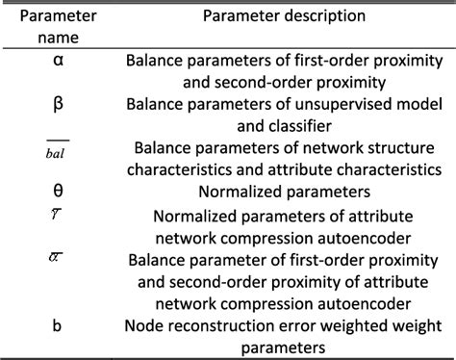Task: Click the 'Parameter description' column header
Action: click(x=284, y=16)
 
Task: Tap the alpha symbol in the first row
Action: click(x=58, y=60)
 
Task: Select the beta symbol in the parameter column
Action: click(x=58, y=104)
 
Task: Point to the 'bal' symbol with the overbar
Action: click(x=58, y=150)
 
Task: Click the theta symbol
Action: click(x=58, y=191)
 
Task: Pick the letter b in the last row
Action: click(x=57, y=325)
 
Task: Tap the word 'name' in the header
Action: click(x=58, y=39)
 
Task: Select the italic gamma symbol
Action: click(x=56, y=214)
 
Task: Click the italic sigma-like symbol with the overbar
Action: click(x=56, y=257)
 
